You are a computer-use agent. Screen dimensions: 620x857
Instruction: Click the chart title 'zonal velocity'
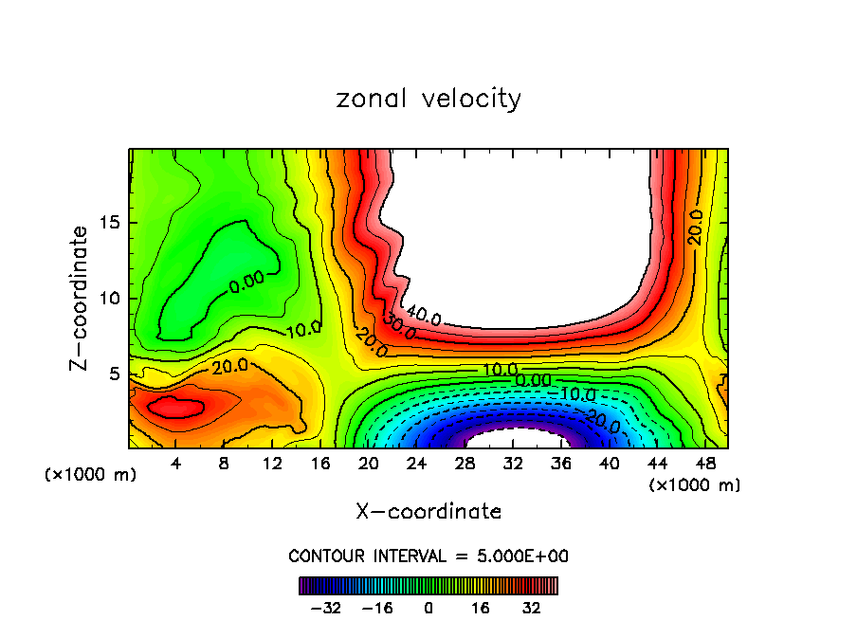[428, 99]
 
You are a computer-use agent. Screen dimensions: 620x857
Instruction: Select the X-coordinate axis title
[428, 512]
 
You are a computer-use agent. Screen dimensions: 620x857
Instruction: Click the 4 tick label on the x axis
[175, 465]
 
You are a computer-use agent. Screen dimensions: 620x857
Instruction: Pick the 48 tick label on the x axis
[704, 465]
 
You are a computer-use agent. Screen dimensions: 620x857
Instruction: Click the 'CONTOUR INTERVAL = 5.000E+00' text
[428, 556]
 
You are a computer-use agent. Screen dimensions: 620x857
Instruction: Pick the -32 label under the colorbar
[325, 606]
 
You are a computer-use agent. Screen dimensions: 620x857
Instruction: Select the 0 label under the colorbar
[428, 606]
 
